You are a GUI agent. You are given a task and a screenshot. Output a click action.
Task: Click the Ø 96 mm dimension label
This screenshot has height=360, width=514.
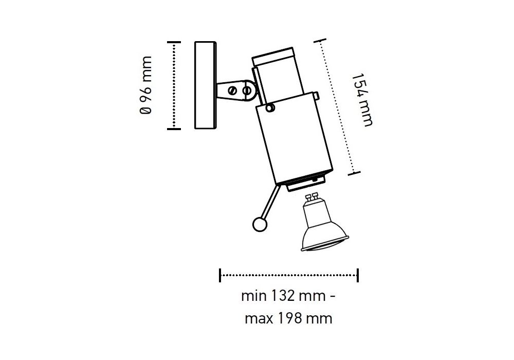click(x=145, y=85)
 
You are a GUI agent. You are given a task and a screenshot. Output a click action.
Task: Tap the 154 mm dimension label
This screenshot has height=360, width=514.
click(x=362, y=99)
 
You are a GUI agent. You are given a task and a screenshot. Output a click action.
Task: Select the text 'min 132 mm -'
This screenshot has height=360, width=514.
click(x=288, y=296)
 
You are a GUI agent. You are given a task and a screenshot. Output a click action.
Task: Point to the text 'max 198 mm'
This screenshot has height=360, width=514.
click(x=288, y=318)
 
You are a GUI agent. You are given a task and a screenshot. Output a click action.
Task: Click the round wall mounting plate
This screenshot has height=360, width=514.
click(x=206, y=85)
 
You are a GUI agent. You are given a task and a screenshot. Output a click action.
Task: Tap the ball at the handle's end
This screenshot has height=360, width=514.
click(x=260, y=225)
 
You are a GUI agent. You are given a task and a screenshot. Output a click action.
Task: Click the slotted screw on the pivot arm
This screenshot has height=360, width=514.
click(x=232, y=90)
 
